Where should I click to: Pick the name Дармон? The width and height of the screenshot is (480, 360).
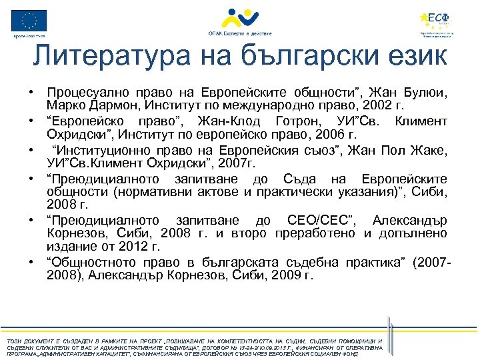coord(103,105)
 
